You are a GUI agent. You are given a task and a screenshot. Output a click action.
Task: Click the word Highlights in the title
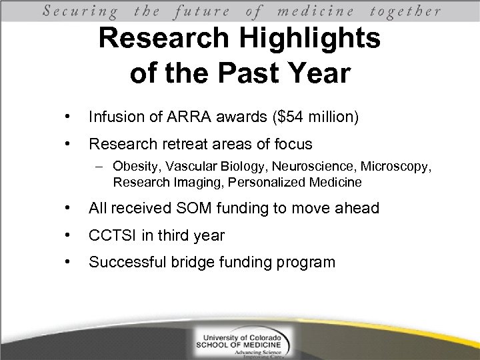[295, 39]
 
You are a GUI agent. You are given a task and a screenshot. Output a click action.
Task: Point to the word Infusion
[115, 118]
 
